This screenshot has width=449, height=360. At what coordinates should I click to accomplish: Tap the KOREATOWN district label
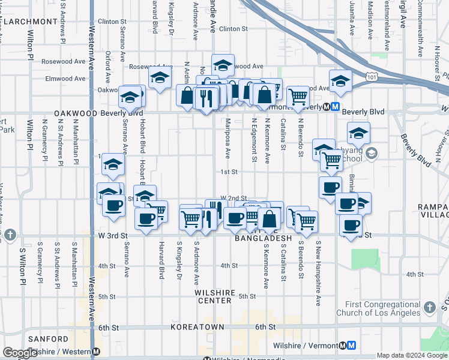(197, 327)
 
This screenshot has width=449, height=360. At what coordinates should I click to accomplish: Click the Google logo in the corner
(20, 353)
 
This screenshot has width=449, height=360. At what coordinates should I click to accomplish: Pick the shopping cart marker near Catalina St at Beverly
(298, 96)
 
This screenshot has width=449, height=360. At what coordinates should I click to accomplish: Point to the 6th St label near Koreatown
(265, 327)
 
